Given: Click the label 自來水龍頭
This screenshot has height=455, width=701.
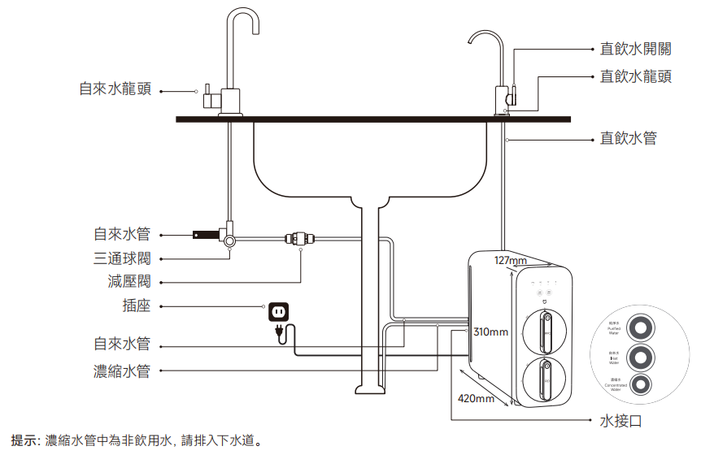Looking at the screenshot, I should pos(115,89).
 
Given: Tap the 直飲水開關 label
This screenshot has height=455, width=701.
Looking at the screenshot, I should pos(635,49).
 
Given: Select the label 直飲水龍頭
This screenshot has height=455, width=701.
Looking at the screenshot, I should pos(635,76).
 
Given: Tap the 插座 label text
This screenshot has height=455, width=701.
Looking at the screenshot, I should pos(136,306).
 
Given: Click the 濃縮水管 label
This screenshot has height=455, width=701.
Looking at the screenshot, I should pos(122,371).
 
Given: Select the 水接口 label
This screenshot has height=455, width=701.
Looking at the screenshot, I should pos(620,420).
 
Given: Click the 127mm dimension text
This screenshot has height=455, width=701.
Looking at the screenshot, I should pos(511,260).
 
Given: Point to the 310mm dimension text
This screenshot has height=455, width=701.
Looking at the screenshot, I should pos(490,332).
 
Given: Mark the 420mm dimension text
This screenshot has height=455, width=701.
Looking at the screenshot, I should pos(477,399).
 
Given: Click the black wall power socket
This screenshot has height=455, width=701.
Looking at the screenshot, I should pos(278,310).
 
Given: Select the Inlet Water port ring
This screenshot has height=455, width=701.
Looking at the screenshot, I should pos(642,357).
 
